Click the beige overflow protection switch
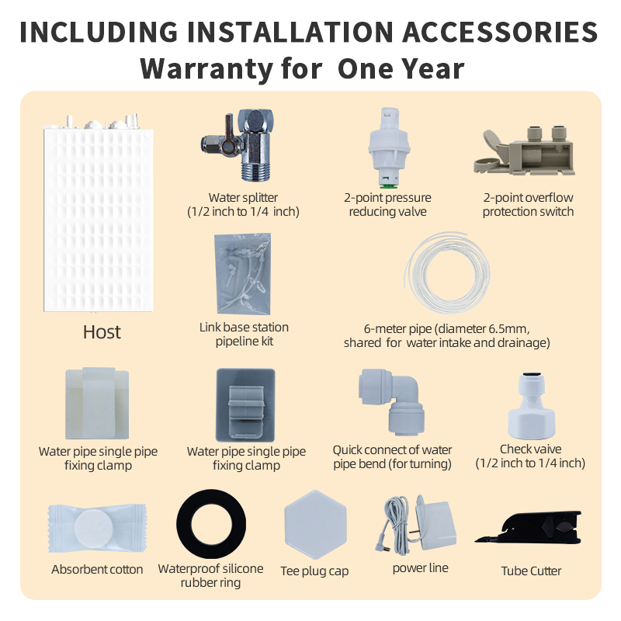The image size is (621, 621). pos(525,151)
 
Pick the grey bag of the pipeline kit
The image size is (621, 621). pos(243,273)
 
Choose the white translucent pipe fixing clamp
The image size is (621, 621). pos(97,403)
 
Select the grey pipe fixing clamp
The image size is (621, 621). pos(245,405)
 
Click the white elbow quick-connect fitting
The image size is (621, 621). pos(392,400)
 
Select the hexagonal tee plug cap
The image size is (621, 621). pos(316,525)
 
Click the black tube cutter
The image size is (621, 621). pos(529,528)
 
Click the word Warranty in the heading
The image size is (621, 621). pos(206,69)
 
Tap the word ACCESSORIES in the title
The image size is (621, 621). pos(500,32)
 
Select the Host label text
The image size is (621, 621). pos(102,332)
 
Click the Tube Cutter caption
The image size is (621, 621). pos(531,571)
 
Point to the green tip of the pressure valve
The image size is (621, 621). pos(388,185)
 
